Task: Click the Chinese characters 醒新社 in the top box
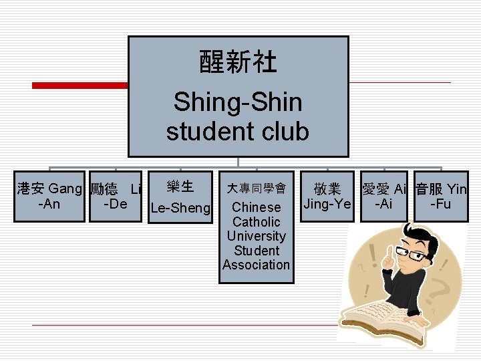point(238,64)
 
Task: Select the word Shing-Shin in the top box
point(238,102)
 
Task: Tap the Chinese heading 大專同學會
point(257,189)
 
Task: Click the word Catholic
point(257,221)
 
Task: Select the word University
point(257,236)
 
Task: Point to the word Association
point(257,265)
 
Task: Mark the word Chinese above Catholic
point(257,207)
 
